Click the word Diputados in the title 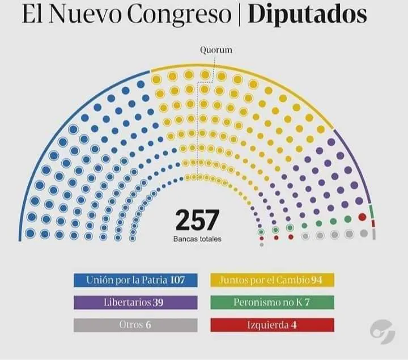click(308, 15)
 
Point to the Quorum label click(216, 50)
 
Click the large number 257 click(197, 220)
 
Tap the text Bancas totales click(197, 239)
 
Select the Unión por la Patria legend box click(135, 279)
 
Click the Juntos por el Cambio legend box click(272, 279)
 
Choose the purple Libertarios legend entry click(135, 302)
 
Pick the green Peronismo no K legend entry click(272, 302)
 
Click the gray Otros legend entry click(135, 325)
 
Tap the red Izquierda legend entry click(272, 325)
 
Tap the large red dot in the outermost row click(362, 217)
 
